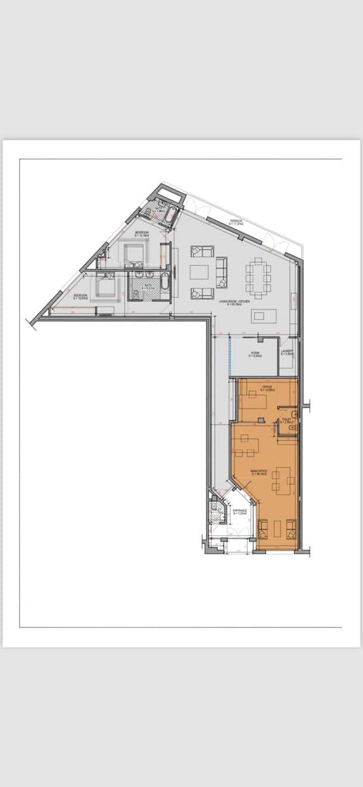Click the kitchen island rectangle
(x=260, y=316)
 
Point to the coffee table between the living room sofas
(x=199, y=272)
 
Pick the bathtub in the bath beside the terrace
(x=170, y=215)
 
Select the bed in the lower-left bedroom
(x=105, y=287)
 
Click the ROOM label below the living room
(x=256, y=354)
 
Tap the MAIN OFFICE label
(x=258, y=472)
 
